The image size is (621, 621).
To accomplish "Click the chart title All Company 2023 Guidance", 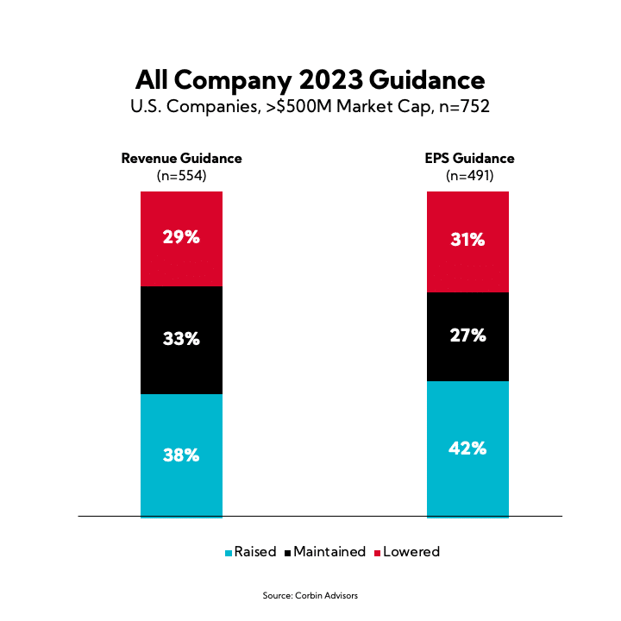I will tap(310, 81).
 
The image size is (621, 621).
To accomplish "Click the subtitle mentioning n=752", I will tap(310, 108).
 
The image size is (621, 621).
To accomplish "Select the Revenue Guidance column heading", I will tap(181, 159).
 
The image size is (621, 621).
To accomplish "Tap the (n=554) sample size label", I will tap(181, 175).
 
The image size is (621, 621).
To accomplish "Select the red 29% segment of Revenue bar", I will tap(181, 238).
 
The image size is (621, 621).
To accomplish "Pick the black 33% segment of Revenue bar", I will tap(181, 340).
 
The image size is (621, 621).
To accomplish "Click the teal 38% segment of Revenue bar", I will tap(181, 455).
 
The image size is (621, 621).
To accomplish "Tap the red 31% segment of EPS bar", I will tap(467, 241).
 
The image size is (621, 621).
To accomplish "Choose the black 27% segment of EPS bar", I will tap(467, 336).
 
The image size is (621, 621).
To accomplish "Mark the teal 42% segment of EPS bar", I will tap(467, 448).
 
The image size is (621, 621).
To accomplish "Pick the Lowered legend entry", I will tap(411, 552).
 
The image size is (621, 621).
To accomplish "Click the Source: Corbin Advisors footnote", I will tap(310, 596).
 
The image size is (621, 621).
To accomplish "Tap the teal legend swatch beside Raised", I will tap(229, 553).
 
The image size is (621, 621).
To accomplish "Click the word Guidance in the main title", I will tap(428, 81).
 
